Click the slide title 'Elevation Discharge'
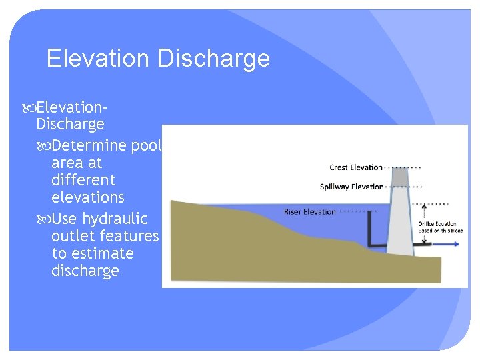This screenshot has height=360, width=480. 158,59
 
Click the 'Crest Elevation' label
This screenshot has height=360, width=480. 356,167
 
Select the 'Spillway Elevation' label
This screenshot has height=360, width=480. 351,187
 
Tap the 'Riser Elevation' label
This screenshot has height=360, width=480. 310,211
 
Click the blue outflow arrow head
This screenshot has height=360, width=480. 457,244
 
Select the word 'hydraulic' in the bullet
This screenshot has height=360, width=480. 114,219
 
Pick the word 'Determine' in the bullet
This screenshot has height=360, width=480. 83,145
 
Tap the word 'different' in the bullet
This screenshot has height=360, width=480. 83,180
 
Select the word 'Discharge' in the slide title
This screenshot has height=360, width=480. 213,59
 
